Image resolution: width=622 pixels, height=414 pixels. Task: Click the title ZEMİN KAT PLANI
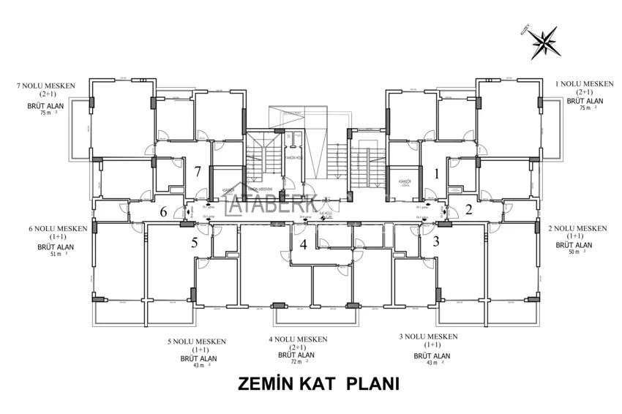[x=318, y=384]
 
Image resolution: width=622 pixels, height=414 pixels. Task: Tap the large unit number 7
[x=198, y=172]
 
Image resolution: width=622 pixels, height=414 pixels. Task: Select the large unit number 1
[x=437, y=173]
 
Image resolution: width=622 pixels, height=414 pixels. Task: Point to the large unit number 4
[x=303, y=244]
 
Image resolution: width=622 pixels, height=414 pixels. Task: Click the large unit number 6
[x=164, y=212]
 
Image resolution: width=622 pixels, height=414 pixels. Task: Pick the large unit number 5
[x=195, y=243]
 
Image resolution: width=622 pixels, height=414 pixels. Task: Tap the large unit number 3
[x=436, y=241]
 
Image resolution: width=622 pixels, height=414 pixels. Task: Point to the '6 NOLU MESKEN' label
[x=58, y=229]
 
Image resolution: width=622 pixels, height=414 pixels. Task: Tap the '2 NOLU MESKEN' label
[x=577, y=228]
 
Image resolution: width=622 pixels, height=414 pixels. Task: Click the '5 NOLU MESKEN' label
[x=197, y=342]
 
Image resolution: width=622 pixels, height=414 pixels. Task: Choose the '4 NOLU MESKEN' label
[x=298, y=339]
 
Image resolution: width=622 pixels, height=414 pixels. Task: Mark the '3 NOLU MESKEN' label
[x=428, y=336]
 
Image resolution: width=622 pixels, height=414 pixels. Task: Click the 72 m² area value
[x=295, y=362]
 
